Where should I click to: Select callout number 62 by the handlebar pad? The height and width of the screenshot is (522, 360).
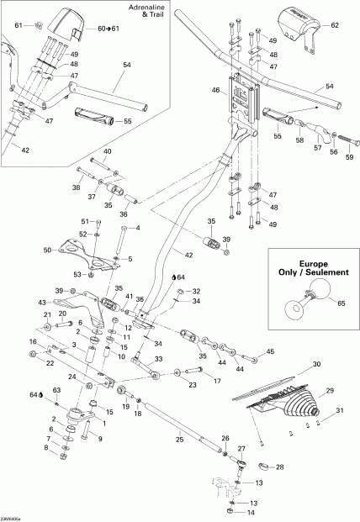coord(334,26)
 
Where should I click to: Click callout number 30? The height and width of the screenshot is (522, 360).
coord(317,364)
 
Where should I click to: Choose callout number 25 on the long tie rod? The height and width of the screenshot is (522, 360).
coord(178,439)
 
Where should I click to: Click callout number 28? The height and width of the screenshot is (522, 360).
coord(280,466)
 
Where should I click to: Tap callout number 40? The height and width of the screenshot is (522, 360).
coord(107,151)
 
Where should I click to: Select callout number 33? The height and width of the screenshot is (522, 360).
coord(157,358)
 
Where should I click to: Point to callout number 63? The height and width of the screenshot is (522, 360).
coord(58,390)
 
